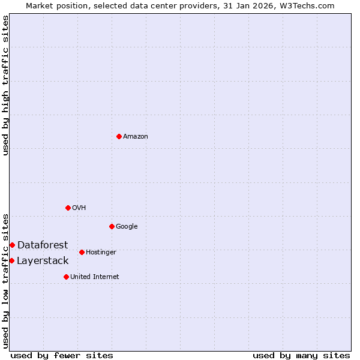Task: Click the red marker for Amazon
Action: click(x=119, y=136)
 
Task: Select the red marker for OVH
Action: click(x=68, y=208)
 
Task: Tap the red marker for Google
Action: click(x=112, y=226)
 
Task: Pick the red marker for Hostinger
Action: click(x=82, y=252)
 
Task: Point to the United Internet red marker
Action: click(x=66, y=277)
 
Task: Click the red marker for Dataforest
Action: click(x=12, y=245)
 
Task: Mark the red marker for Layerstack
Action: click(x=11, y=260)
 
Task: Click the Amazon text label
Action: click(x=136, y=137)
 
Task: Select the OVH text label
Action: click(x=79, y=208)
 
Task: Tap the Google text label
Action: click(x=127, y=227)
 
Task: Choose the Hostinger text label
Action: click(x=101, y=253)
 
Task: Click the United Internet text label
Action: click(x=94, y=277)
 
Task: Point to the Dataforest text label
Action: click(x=43, y=245)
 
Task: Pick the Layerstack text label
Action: click(x=43, y=260)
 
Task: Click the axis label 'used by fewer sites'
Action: click(x=62, y=355)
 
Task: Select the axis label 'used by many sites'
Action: click(x=301, y=355)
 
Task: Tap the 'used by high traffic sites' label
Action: click(x=5, y=85)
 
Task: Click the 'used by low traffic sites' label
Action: click(x=5, y=280)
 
